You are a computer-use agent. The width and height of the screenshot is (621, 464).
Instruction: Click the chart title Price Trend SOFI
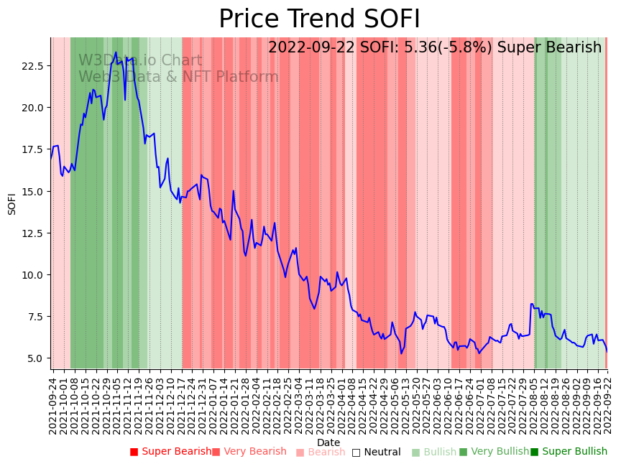319,19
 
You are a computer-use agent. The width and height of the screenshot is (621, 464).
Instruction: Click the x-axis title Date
328,442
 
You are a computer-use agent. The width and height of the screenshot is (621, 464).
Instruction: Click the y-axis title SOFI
12,204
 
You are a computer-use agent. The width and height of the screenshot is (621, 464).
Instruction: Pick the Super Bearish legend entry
170,452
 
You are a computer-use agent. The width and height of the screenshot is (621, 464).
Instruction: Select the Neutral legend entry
376,452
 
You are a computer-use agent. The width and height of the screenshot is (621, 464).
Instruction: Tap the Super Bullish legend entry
569,452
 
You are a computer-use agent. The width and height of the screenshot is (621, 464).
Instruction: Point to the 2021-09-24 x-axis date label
53,403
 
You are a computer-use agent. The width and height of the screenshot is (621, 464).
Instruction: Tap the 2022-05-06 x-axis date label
393,403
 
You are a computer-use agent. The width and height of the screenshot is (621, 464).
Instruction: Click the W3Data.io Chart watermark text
140,61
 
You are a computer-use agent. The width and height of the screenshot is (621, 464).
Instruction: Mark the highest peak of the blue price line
116,52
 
